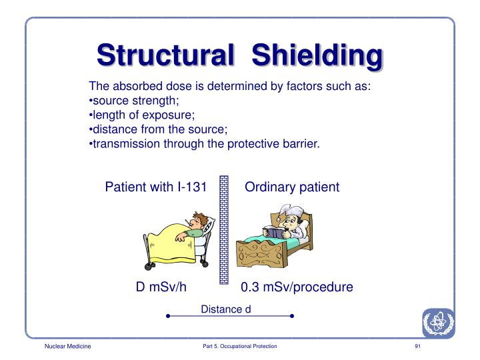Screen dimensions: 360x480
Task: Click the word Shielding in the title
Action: point(317,55)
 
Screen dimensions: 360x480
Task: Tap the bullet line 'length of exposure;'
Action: point(137,115)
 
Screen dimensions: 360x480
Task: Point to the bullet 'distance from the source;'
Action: point(154,129)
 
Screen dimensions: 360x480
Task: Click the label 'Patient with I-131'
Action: point(160,187)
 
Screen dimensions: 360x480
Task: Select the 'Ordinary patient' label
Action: point(292,187)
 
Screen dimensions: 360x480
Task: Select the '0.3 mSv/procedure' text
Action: point(297,287)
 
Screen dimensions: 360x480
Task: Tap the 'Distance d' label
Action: point(225,308)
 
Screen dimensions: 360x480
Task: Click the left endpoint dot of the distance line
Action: point(167,316)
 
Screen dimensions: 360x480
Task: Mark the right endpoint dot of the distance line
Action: point(292,316)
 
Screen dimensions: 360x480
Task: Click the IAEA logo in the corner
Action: point(437,323)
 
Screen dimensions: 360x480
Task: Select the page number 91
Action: point(417,348)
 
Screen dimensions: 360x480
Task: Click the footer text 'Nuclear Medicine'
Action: point(67,348)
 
